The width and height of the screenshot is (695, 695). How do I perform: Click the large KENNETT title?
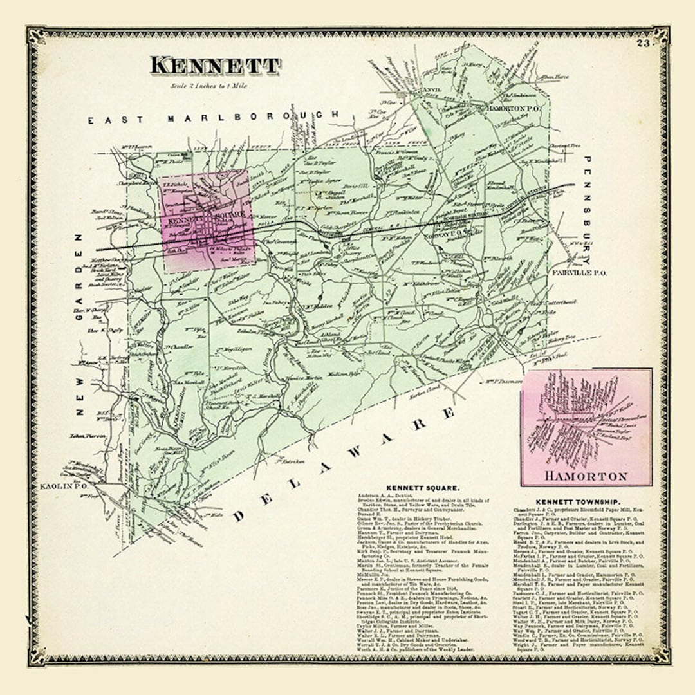pos(215,66)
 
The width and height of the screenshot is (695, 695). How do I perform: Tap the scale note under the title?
pos(210,85)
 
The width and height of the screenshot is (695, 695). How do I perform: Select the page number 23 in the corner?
pos(643,44)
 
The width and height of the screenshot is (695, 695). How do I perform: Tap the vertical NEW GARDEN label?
pos(80,322)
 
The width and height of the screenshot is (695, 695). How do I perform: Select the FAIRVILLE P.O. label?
pos(574,273)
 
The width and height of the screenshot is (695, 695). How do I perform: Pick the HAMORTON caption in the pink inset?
pos(585,476)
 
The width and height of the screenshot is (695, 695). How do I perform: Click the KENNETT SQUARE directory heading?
pos(422,488)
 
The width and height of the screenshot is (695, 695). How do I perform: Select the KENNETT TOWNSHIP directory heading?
pos(577,501)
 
